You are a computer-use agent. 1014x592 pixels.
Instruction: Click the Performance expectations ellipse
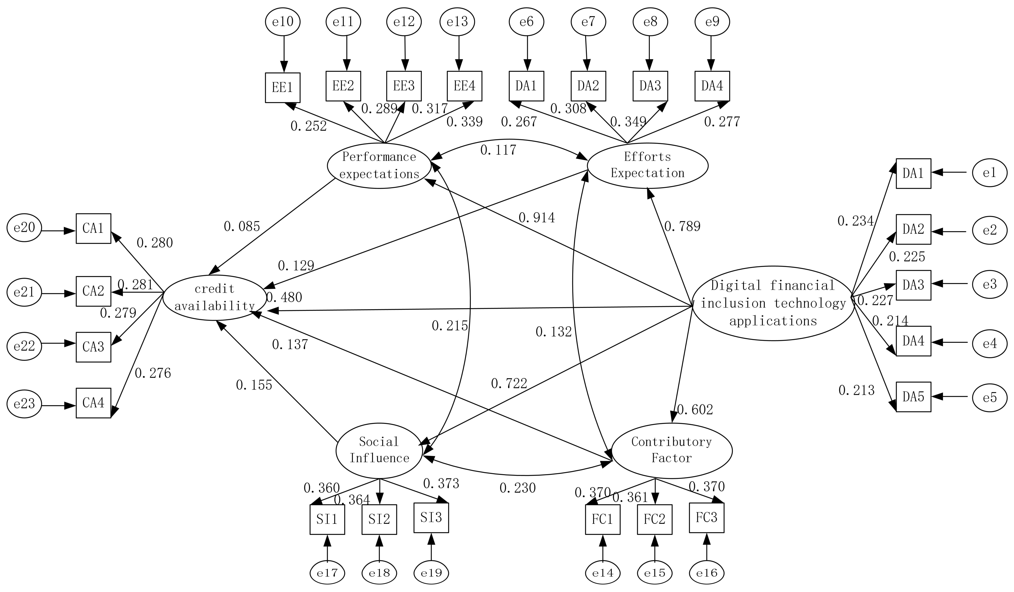pyautogui.click(x=379, y=165)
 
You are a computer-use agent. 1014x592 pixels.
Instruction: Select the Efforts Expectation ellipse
pyautogui.click(x=647, y=165)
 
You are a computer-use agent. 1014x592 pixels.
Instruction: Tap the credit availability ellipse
pyautogui.click(x=214, y=298)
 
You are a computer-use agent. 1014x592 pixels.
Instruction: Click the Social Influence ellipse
pyautogui.click(x=379, y=450)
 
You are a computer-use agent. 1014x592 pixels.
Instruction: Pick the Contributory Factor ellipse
pyautogui.click(x=672, y=450)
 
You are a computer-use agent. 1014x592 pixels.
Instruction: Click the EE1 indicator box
pyautogui.click(x=283, y=88)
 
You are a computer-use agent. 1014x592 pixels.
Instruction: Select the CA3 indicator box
pyautogui.click(x=93, y=347)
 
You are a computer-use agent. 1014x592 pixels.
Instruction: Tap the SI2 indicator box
pyautogui.click(x=379, y=519)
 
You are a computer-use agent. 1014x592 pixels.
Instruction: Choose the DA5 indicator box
pyautogui.click(x=913, y=397)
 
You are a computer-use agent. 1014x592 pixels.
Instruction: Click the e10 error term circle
pyautogui.click(x=283, y=22)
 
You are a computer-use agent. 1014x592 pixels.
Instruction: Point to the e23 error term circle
pyautogui.click(x=24, y=404)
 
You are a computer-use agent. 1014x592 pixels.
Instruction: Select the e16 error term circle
pyautogui.click(x=707, y=573)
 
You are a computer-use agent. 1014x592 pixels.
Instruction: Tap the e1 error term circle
pyautogui.click(x=989, y=173)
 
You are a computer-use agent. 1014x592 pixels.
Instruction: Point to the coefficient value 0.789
pyautogui.click(x=682, y=226)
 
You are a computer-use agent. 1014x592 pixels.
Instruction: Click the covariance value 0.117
pyautogui.click(x=498, y=150)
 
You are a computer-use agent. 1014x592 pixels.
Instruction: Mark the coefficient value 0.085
pyautogui.click(x=242, y=227)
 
